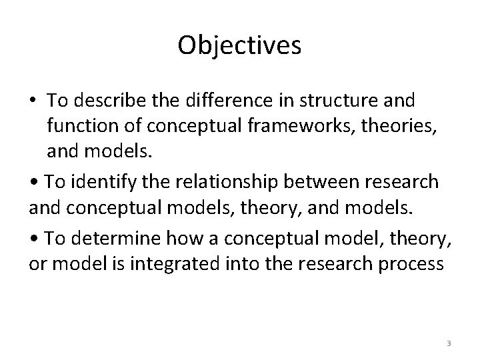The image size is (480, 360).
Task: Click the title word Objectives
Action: coord(240,45)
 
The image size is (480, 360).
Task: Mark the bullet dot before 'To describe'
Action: coord(33,101)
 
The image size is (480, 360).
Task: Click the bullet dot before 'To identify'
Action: coord(33,182)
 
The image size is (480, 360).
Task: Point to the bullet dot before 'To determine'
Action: coord(33,239)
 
